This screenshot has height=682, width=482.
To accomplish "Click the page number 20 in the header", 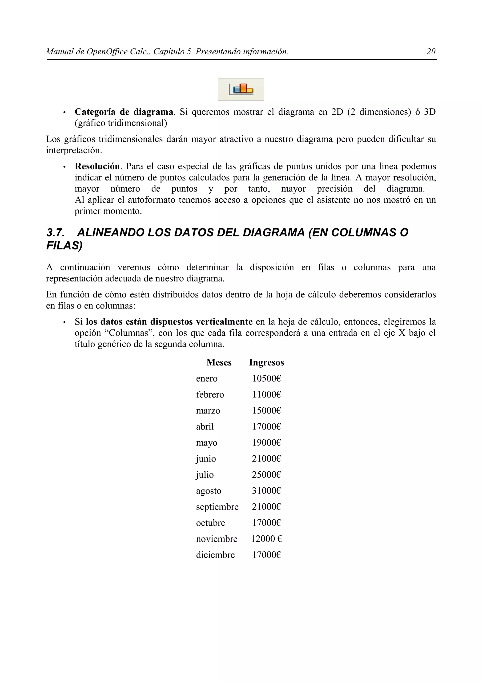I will point(431,52).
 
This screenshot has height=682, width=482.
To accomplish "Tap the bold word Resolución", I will point(97,166).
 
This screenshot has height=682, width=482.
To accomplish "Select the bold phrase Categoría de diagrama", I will point(124,112).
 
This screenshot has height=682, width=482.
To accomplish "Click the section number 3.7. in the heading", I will point(56,233).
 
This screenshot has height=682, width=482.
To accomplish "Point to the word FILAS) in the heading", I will point(64,246).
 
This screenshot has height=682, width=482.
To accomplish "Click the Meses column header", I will point(219,362).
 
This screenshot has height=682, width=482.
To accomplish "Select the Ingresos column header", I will point(266,362).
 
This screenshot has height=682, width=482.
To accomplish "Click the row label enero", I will point(207,379).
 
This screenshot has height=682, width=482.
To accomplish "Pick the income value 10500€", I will point(266,379).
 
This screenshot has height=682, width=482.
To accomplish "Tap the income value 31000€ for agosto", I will point(266,491).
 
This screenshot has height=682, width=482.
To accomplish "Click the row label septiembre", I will point(217,507).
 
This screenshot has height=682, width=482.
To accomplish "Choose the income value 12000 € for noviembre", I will point(266,539).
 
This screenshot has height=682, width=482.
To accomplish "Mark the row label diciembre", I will point(215,555).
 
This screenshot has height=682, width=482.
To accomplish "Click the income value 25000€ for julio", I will point(266,475).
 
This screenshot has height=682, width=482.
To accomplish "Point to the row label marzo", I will point(208,411).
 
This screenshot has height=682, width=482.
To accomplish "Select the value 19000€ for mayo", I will point(266,443).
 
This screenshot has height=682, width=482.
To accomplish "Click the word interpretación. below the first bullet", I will point(74,150).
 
